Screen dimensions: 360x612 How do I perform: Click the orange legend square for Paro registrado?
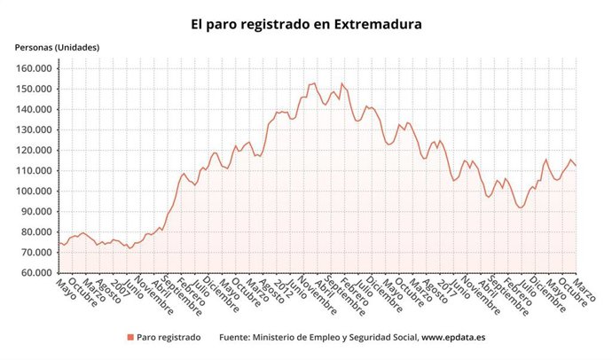click(130, 337)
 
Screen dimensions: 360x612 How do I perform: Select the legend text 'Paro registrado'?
click(169, 337)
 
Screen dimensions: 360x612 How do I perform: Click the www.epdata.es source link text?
click(452, 337)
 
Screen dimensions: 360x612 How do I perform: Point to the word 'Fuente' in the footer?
click(235, 337)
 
